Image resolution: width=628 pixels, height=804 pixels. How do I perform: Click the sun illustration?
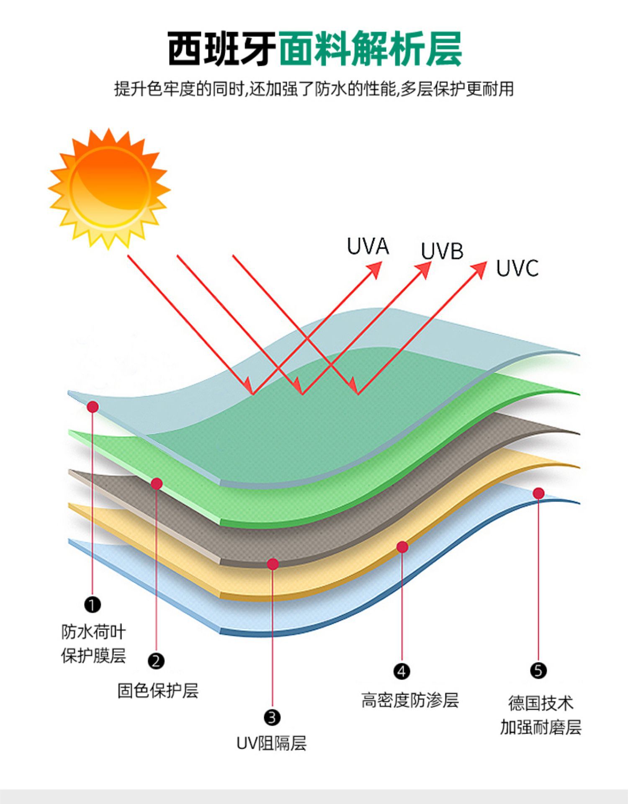tap(110, 188)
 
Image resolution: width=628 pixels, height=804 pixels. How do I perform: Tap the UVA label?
tap(368, 246)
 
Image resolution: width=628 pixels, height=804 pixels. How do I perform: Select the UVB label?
tap(442, 251)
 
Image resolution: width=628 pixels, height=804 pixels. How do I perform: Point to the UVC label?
tap(517, 268)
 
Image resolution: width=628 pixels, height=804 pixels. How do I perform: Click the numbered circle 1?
tap(93, 605)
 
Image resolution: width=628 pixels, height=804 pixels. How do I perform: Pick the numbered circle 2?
tap(156, 661)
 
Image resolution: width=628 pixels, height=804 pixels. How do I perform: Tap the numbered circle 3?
tap(272, 717)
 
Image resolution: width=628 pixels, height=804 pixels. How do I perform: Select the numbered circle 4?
tap(402, 671)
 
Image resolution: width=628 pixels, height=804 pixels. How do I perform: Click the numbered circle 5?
tap(538, 670)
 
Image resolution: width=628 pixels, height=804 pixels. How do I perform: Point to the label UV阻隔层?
tap(272, 743)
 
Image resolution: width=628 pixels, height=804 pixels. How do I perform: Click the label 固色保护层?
tap(158, 691)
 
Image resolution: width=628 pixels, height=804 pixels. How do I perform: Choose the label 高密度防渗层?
tap(410, 700)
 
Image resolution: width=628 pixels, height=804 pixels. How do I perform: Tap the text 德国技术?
tap(540, 703)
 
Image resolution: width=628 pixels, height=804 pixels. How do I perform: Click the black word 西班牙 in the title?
tap(221, 49)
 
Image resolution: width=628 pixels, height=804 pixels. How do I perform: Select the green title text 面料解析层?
tap(370, 49)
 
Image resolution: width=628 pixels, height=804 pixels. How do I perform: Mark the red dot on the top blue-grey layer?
tap(93, 407)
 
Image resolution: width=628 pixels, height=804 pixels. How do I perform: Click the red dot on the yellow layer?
tap(402, 547)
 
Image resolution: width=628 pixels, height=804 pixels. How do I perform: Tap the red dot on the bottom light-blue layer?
tap(539, 493)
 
